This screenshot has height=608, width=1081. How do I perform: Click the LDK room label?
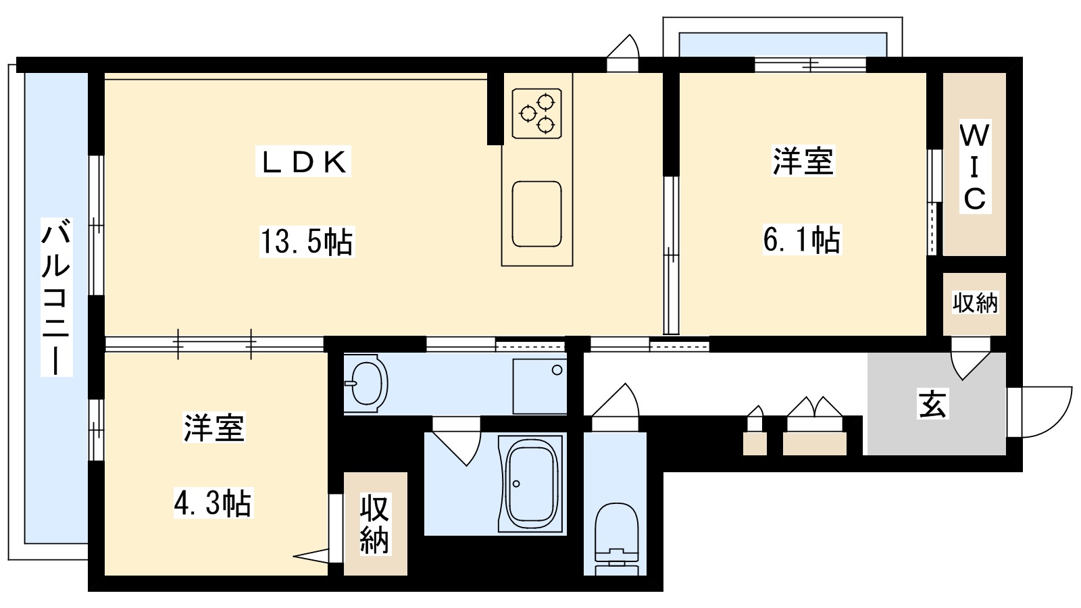click(303, 162)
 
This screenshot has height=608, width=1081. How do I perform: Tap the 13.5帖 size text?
click(307, 241)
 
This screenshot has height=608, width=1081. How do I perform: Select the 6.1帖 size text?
click(802, 239)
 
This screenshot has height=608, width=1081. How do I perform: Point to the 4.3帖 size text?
click(213, 503)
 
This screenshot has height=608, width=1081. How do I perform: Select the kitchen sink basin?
click(536, 213)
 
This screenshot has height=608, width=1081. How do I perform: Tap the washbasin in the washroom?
click(366, 383)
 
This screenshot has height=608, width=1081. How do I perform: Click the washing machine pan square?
click(539, 386)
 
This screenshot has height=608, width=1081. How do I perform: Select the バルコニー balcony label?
click(56, 297)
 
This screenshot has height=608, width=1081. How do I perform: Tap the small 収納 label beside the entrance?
click(974, 303)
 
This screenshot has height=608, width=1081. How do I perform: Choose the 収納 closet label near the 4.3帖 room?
click(375, 524)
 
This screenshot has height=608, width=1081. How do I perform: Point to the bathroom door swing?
click(457, 442)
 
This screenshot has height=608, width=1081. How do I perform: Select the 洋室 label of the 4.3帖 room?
click(213, 428)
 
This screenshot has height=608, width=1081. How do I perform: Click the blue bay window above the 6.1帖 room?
click(782, 45)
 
